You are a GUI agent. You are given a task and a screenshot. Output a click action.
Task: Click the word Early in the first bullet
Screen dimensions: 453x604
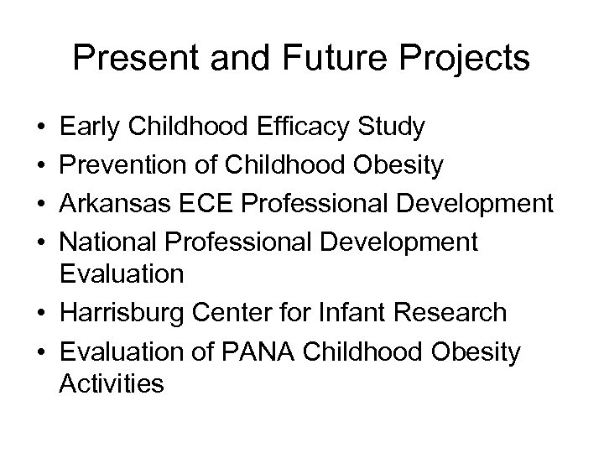point(92,128)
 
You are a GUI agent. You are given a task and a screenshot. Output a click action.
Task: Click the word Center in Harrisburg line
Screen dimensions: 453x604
point(249,313)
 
